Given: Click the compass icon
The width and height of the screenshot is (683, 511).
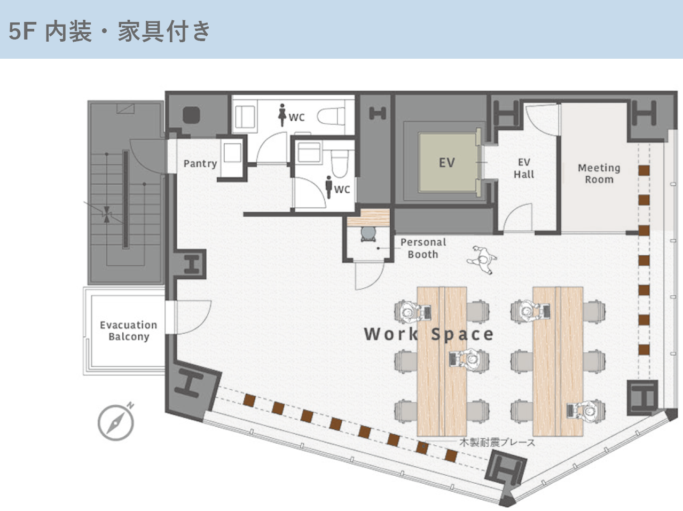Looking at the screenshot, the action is (116, 422).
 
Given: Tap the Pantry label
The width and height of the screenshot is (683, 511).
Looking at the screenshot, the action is (200, 163).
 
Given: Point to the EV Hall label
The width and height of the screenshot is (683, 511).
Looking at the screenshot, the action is (524, 168).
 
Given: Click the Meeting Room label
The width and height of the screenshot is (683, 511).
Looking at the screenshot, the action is (599, 174).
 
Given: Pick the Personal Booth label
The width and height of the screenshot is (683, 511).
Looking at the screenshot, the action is (423, 248).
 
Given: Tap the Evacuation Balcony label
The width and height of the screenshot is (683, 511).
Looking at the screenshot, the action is (129, 331).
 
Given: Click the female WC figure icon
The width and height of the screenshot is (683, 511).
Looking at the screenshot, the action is (282, 115).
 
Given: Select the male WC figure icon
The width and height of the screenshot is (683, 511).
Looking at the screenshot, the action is (329, 187).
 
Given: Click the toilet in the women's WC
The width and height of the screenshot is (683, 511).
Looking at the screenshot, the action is (331, 116).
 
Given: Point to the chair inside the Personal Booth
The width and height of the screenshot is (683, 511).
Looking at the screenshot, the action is (368, 234).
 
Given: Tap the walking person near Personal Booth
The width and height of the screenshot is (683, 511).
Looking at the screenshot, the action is (482, 260).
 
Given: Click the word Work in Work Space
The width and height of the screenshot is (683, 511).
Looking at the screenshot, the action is (391, 334).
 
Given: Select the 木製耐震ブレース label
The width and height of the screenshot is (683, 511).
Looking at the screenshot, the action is (497, 442).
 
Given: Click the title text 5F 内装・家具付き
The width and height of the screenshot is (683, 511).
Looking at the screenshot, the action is (109, 31).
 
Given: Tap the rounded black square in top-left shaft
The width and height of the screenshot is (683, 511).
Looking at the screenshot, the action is (191, 115).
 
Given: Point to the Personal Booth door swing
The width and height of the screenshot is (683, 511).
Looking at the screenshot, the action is (370, 276).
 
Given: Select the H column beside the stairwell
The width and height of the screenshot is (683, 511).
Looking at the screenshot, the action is (191, 264).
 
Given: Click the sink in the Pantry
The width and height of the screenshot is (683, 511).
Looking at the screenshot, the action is (232, 153).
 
